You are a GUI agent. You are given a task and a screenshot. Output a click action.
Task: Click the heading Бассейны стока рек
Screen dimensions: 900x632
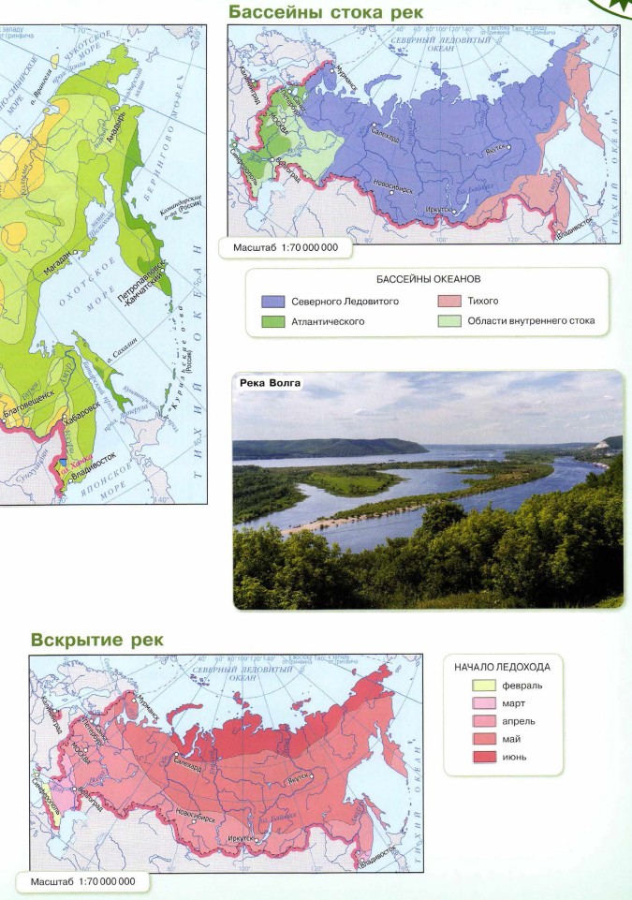coord(325,12)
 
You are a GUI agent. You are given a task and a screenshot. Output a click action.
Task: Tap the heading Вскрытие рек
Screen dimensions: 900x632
coord(97,640)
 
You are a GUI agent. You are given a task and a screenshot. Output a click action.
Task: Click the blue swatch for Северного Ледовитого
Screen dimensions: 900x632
coord(272,302)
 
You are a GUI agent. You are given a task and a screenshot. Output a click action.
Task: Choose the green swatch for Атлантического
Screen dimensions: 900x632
coord(272,322)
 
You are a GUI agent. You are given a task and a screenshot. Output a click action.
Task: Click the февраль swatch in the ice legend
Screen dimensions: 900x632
coord(483,686)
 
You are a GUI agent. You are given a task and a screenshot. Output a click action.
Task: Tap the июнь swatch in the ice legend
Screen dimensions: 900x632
coord(483,756)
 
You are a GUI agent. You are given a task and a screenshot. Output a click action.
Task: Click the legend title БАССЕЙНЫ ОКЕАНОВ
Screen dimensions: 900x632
coord(428,279)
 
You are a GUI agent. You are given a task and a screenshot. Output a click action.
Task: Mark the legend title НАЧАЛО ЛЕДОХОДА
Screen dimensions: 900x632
coord(502,667)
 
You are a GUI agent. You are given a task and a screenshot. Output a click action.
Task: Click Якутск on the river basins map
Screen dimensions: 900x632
coord(495,149)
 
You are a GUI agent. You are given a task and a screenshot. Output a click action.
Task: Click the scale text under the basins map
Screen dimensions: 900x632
coord(278,248)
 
